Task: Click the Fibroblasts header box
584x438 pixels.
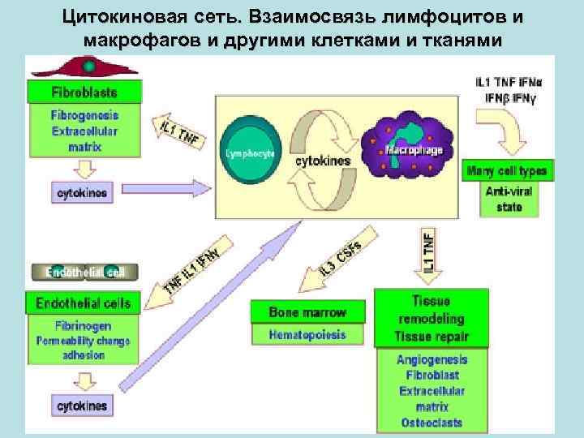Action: coord(84,91)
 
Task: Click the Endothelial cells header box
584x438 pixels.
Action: coord(83,304)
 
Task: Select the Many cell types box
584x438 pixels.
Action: coord(508,171)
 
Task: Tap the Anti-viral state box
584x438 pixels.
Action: coord(504,200)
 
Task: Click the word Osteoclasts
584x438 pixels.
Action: coord(432,423)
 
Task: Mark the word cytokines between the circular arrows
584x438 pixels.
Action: coord(323,161)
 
